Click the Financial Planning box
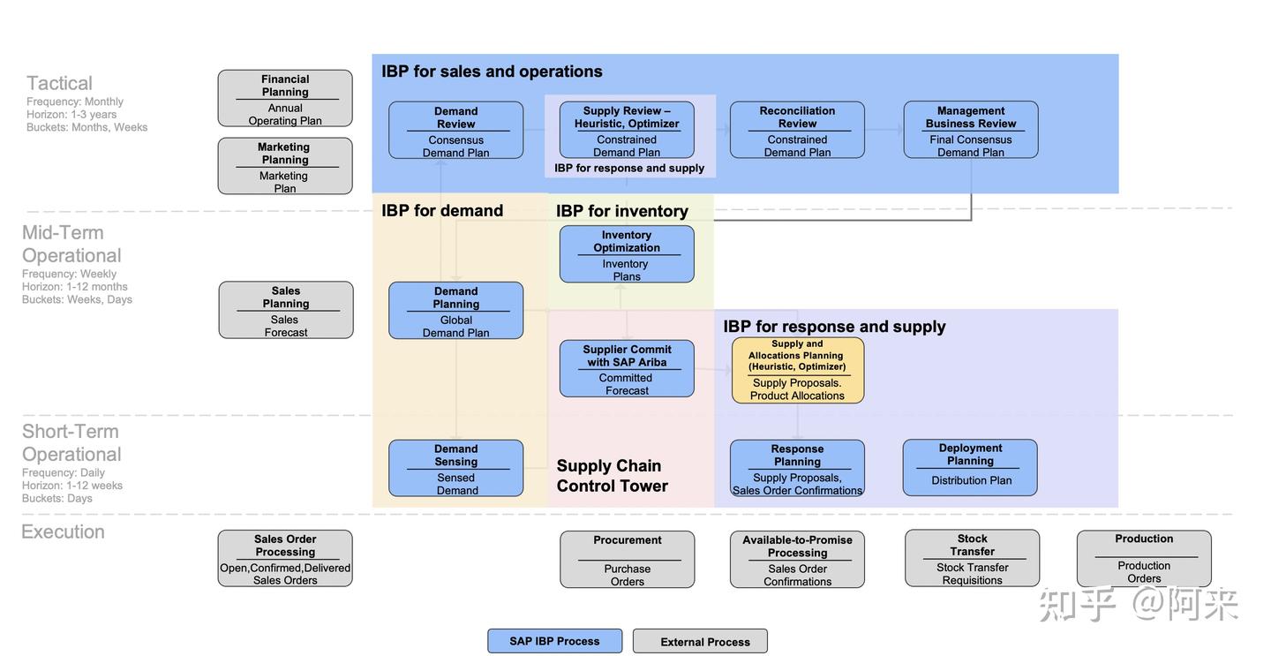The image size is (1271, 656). pos(285,99)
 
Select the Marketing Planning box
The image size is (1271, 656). pos(285,166)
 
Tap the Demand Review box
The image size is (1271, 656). pos(455,131)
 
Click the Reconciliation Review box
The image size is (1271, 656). pos(797,131)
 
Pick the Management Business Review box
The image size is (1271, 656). pos(971,131)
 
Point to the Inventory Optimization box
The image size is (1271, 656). pos(627,254)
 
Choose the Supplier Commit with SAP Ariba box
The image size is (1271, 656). pos(627,369)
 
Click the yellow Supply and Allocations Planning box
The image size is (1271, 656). pos(798,370)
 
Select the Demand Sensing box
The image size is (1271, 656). pos(455,468)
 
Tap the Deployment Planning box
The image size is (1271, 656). pos(970,468)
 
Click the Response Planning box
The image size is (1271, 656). pos(797,468)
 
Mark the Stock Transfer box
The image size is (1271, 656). pos(972,558)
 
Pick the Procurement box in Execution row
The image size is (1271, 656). pos(627,559)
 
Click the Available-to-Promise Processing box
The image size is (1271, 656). pos(797,559)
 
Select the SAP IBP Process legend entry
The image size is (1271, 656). pos(554,641)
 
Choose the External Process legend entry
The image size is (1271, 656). pos(700,641)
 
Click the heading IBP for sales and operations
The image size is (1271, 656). pos(492,72)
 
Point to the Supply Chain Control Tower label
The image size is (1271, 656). pos(612,476)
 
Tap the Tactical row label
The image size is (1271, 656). pos(59,83)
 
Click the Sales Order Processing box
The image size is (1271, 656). pos(285,558)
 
